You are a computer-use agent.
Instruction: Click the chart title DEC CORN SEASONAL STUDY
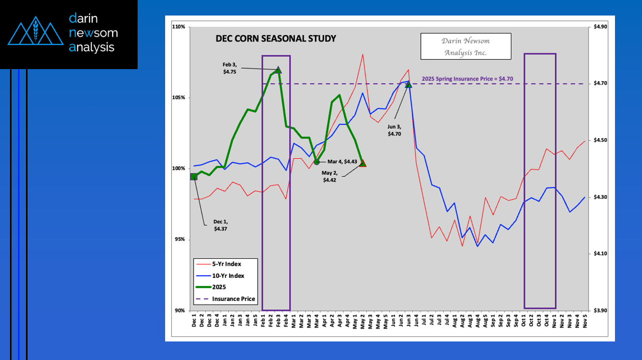276,39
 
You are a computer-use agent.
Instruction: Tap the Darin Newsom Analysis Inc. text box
465,47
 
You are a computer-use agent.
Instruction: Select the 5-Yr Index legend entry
226,264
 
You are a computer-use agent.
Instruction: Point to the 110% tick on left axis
179,27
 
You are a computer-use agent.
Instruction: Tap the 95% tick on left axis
180,239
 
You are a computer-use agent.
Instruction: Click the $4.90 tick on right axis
600,27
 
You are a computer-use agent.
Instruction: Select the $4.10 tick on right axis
600,254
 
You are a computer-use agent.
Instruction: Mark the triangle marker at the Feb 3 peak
279,70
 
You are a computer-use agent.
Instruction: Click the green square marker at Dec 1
194,176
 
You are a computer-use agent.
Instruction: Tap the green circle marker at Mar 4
317,162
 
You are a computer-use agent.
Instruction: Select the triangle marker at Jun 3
408,84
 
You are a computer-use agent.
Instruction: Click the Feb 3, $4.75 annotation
230,68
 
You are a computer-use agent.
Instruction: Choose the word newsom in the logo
94,33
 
